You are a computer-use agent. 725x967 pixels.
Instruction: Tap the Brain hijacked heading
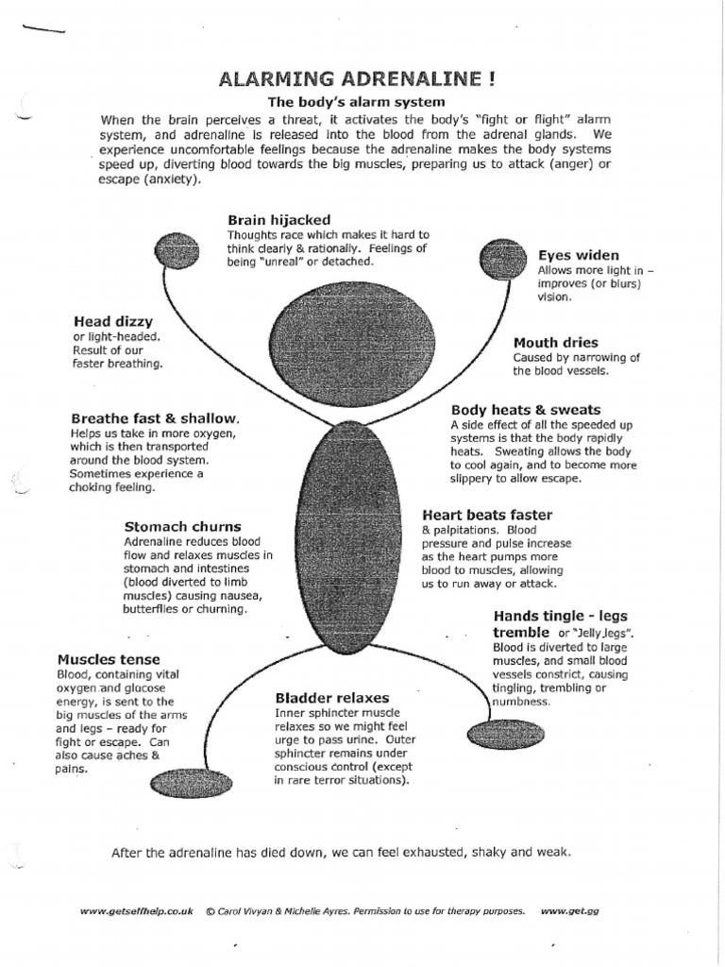278,220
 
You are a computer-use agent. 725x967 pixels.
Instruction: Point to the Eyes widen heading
578,255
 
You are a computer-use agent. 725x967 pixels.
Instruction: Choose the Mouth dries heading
555,343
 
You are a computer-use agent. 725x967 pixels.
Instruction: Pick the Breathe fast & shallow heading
156,418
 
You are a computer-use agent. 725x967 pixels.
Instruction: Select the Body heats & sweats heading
525,410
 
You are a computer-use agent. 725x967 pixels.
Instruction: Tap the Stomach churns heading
182,526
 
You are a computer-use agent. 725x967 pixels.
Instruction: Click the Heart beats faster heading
487,516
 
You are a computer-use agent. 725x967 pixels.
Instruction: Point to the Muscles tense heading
109,659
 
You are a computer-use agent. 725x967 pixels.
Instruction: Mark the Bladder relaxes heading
331,698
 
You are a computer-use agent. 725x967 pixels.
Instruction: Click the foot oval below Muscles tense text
191,784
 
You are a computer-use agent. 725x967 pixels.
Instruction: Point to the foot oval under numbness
505,736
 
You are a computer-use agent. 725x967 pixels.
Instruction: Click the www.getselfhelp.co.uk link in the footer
136,910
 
